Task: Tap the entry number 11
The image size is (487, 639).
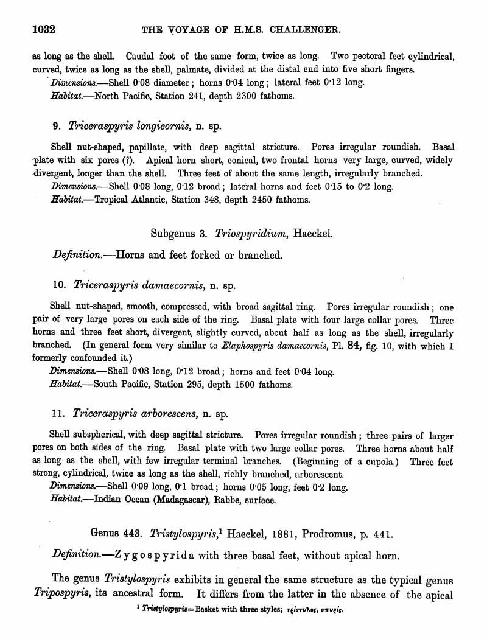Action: click(x=58, y=414)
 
